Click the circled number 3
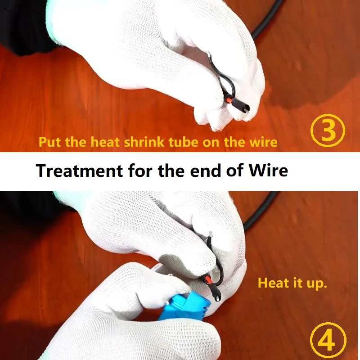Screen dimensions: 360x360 point(328,130)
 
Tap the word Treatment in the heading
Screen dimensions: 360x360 point(80,171)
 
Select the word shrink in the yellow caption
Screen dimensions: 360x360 point(144,142)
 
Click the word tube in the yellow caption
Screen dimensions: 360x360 point(183,142)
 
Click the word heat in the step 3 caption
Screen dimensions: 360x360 point(105,142)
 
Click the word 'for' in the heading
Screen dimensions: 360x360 point(140,171)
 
